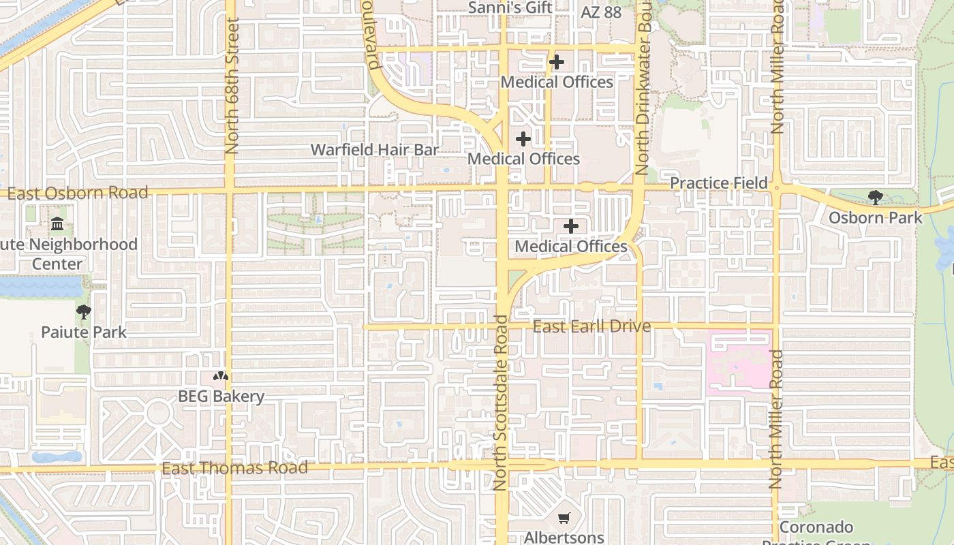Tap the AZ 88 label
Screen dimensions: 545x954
tap(601, 12)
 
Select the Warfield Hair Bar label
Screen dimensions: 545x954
tap(375, 150)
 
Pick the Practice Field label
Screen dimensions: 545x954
tap(719, 183)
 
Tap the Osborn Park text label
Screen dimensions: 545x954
tap(876, 218)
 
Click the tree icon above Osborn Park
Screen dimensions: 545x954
tap(876, 198)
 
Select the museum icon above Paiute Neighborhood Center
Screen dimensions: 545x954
tap(57, 224)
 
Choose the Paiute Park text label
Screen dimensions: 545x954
tap(84, 332)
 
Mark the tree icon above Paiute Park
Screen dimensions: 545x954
tap(84, 313)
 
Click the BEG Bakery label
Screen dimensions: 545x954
tap(221, 396)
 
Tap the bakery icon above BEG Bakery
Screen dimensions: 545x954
tap(220, 376)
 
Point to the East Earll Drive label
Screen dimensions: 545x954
tap(591, 326)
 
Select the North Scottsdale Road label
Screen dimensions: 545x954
tap(502, 402)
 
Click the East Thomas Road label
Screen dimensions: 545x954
tap(234, 468)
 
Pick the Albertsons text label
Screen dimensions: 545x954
tap(564, 538)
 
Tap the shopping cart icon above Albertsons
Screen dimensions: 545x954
tap(564, 518)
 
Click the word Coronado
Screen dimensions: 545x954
tap(816, 527)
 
